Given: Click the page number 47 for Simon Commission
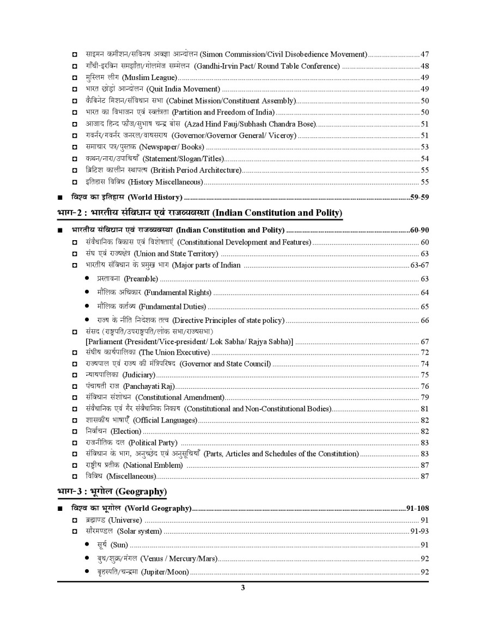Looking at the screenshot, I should [x=424, y=54].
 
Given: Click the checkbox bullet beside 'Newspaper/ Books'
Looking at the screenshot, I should [x=75, y=148].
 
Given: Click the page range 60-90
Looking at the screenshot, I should [x=420, y=230].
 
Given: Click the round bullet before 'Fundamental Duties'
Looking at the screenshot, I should [x=87, y=307].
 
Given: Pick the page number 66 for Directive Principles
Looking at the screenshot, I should [x=424, y=321].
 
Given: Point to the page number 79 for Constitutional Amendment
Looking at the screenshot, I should [x=424, y=397].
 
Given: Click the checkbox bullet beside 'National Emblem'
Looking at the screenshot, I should [x=75, y=465].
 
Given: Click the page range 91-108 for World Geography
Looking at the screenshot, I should [x=417, y=509].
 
